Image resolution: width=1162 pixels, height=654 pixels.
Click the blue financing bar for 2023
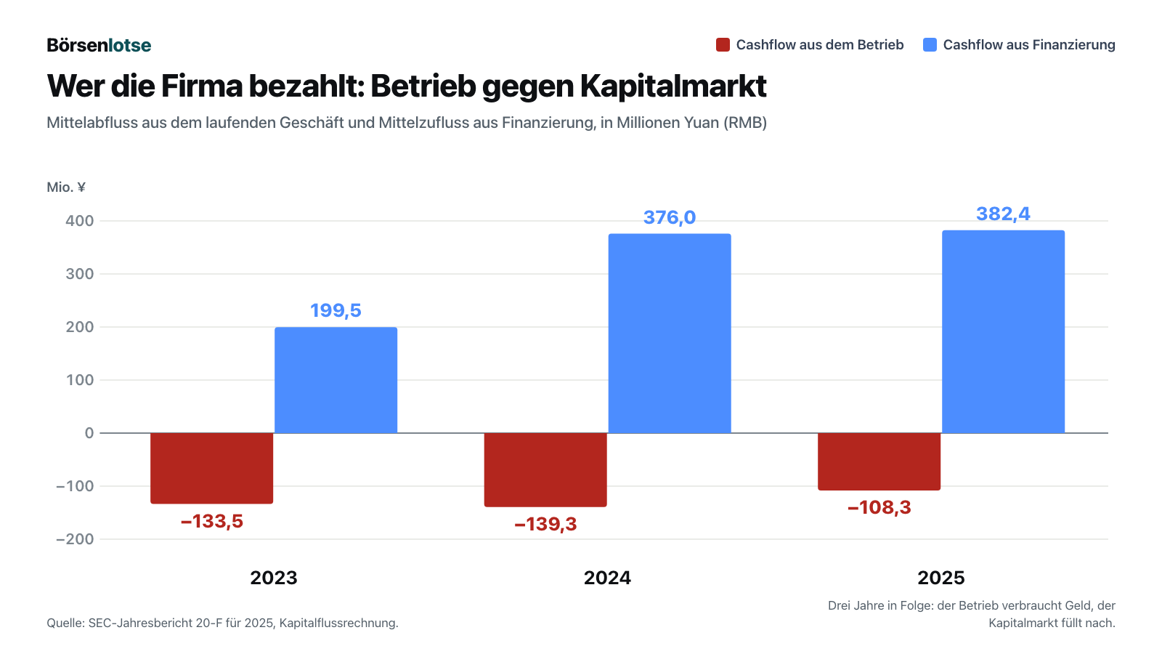336,380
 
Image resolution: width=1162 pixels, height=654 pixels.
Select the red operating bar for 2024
545,469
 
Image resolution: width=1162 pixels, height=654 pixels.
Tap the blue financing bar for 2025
1003,331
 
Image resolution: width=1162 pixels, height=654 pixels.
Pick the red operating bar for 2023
211,468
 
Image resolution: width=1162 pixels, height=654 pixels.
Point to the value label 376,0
669,217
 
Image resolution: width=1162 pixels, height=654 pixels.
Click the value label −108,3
879,507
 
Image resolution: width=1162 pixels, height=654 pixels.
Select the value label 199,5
336,310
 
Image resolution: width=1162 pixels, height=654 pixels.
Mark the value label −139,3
545,524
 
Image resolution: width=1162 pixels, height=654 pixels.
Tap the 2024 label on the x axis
607,578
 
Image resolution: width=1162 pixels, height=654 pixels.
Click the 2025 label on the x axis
941,578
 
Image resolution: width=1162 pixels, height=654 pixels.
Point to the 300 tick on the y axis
79,274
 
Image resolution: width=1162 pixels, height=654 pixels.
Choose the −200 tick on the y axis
75,539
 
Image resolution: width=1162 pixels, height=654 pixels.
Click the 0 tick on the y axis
89,433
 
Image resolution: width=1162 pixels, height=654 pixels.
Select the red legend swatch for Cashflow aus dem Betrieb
723,44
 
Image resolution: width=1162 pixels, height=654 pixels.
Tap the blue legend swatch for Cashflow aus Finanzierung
930,44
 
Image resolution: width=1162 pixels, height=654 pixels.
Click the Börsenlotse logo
99,45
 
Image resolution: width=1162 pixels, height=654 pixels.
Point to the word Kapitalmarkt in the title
673,86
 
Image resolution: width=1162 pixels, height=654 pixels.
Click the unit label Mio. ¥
66,187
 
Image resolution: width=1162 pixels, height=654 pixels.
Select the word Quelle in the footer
66,623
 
